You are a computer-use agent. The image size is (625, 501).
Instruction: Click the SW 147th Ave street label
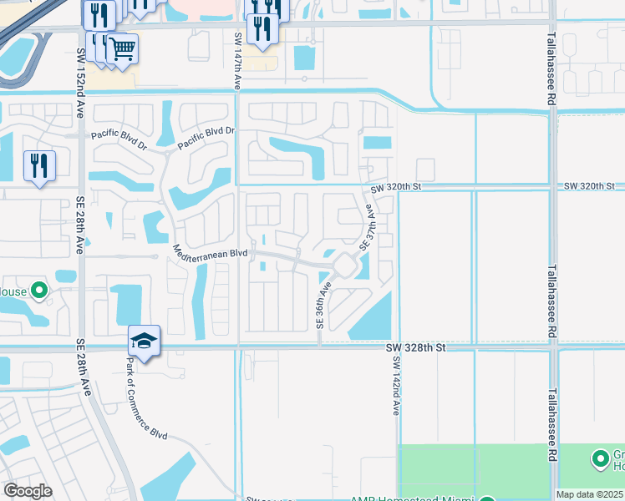[238, 62]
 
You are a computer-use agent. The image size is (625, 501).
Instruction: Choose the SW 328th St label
[418, 345]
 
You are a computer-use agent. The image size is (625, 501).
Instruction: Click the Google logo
[28, 491]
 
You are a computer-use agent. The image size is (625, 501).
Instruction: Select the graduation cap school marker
[144, 342]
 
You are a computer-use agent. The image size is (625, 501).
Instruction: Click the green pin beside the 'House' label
[38, 291]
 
